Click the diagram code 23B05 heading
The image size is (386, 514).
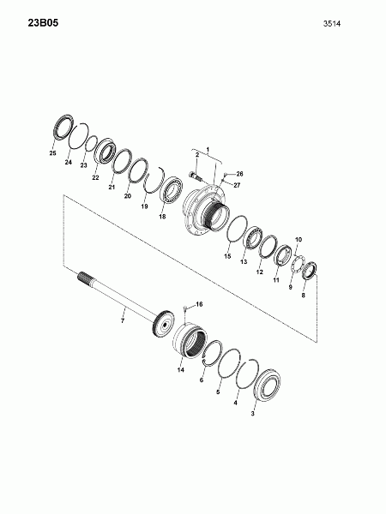coord(43,23)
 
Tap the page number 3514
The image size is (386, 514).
coord(332,24)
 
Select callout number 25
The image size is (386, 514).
coord(52,153)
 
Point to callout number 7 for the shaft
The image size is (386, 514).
coord(123,321)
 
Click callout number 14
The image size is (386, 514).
coord(180,370)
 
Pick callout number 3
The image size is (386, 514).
coord(252,414)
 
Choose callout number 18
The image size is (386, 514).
coord(162,217)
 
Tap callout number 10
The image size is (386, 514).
coord(299,240)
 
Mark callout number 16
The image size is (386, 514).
coord(199,304)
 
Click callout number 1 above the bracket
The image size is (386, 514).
coord(208,149)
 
